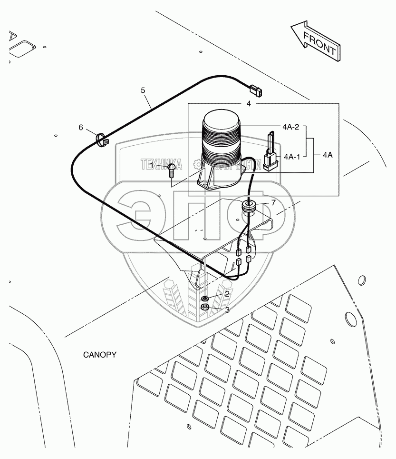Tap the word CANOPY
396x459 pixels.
100,355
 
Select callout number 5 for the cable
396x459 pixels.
143,90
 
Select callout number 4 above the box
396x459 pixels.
248,103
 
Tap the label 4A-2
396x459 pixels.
290,127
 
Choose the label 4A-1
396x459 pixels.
291,156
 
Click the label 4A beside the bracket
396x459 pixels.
328,154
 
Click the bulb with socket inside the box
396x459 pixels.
270,152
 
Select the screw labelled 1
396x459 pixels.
172,169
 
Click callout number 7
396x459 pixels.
273,203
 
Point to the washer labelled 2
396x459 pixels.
205,299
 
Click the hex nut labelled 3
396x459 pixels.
205,308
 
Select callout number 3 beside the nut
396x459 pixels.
227,310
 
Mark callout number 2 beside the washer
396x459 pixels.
227,294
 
